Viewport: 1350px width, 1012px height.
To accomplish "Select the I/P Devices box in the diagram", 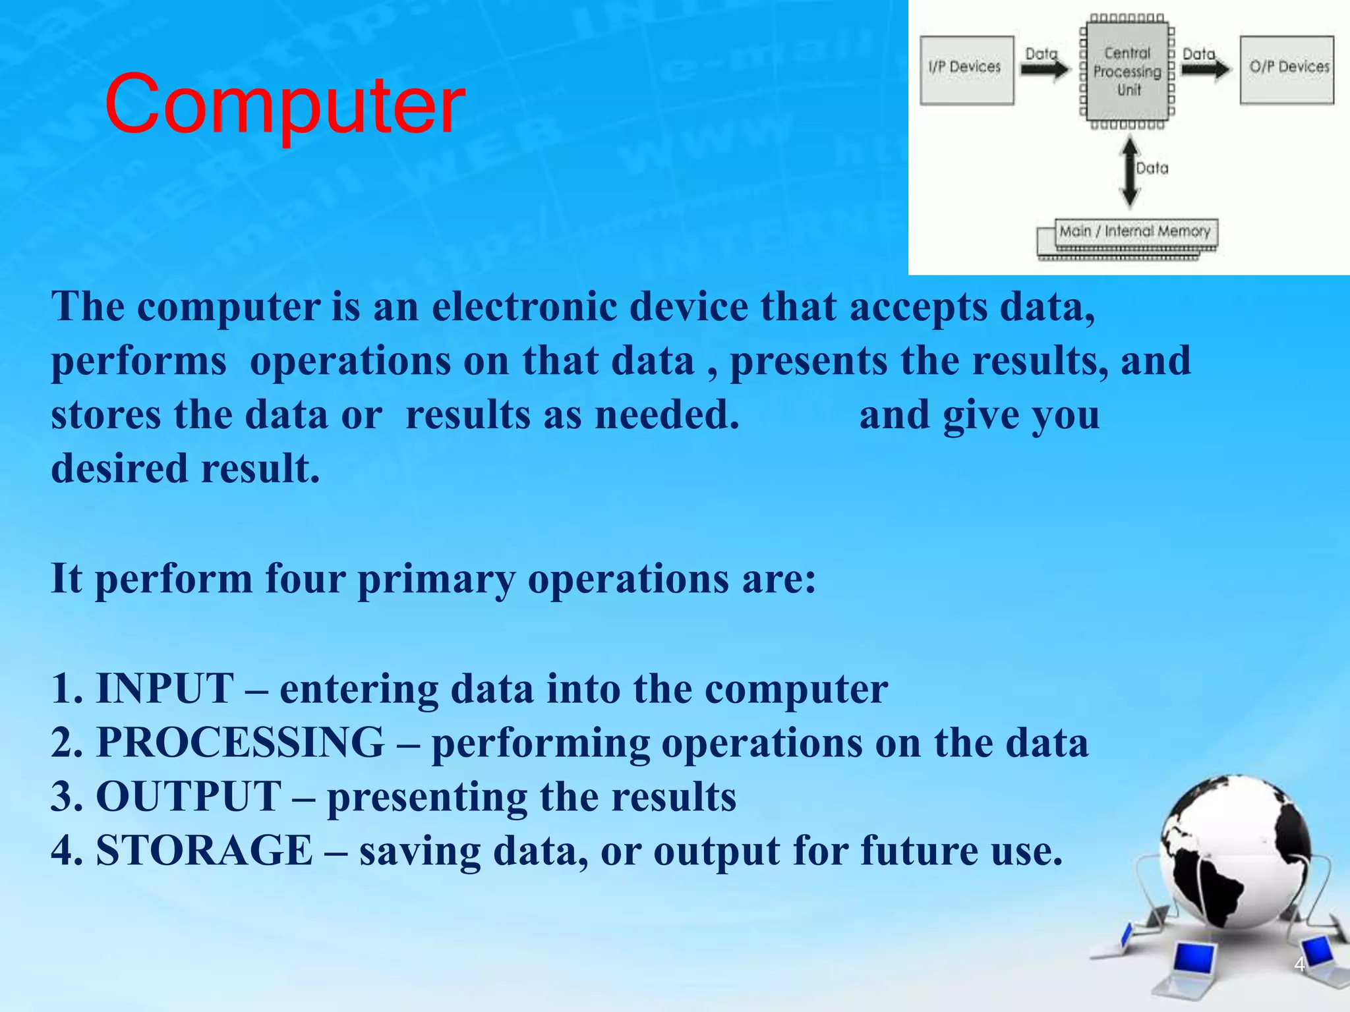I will tap(966, 69).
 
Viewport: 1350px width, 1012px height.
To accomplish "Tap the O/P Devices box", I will tap(1287, 69).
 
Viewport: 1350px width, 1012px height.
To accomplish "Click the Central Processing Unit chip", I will tap(1128, 70).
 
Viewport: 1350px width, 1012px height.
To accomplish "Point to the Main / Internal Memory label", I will tap(1134, 231).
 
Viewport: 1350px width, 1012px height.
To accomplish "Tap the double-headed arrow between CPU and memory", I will tap(1129, 171).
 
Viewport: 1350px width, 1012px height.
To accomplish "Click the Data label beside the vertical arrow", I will tap(1152, 169).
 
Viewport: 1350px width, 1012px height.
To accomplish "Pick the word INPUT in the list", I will tap(165, 689).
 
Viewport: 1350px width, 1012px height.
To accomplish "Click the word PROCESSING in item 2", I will tap(240, 743).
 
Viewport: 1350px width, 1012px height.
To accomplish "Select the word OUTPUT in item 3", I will tap(189, 797).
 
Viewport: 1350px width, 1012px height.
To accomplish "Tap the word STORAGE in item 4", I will tap(204, 850).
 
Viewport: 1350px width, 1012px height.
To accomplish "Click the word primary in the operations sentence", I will tap(436, 580).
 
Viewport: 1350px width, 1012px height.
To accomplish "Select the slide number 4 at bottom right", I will tap(1299, 965).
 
